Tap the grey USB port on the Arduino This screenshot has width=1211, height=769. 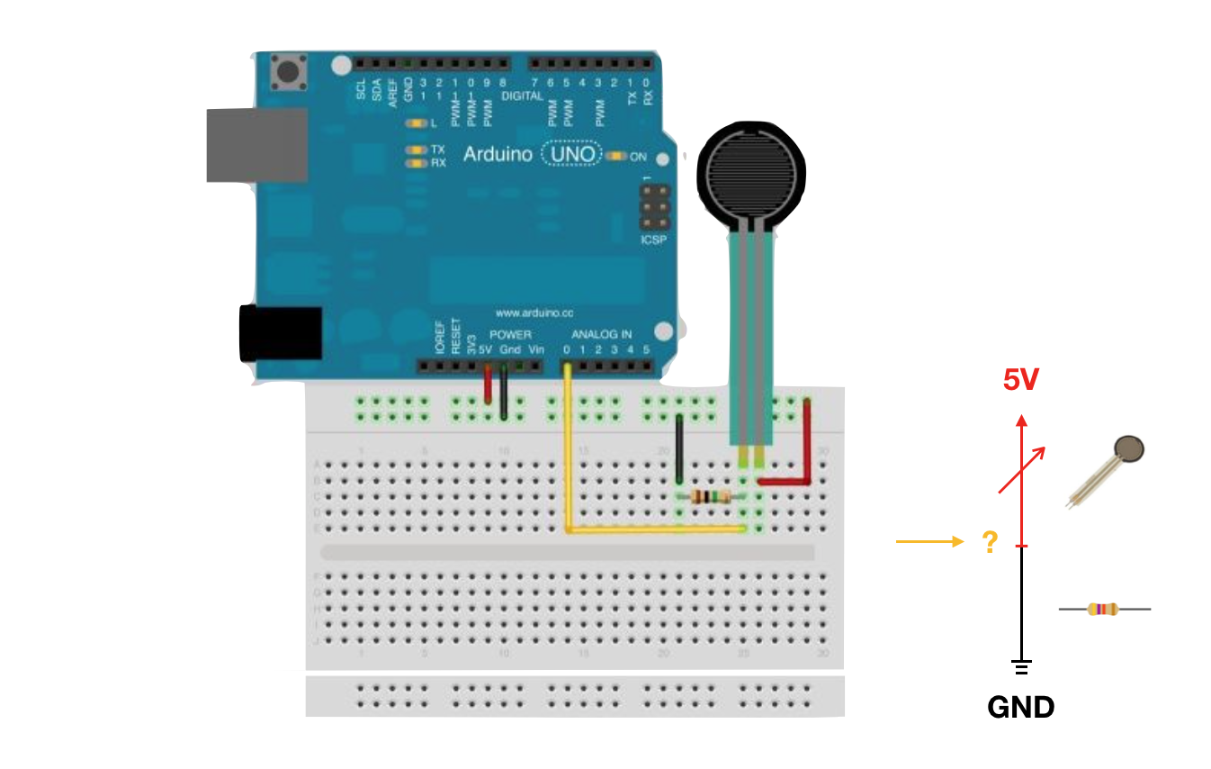pyautogui.click(x=256, y=144)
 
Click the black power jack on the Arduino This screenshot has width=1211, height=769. pyautogui.click(x=280, y=334)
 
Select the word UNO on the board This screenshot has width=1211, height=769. pyautogui.click(x=572, y=155)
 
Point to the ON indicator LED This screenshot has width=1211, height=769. pyautogui.click(x=616, y=157)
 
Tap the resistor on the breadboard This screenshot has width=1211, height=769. pyautogui.click(x=711, y=496)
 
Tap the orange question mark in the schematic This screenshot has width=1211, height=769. pyautogui.click(x=990, y=542)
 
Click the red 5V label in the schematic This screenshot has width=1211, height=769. pyautogui.click(x=1021, y=381)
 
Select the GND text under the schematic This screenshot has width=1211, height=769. pyautogui.click(x=1020, y=707)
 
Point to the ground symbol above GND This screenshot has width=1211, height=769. pyautogui.click(x=1021, y=667)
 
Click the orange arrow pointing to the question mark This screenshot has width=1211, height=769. pyautogui.click(x=928, y=541)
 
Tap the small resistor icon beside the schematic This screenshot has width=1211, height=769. pyautogui.click(x=1103, y=610)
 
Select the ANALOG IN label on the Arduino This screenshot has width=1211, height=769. pyautogui.click(x=602, y=334)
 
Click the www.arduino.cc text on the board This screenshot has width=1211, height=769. pyautogui.click(x=534, y=313)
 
